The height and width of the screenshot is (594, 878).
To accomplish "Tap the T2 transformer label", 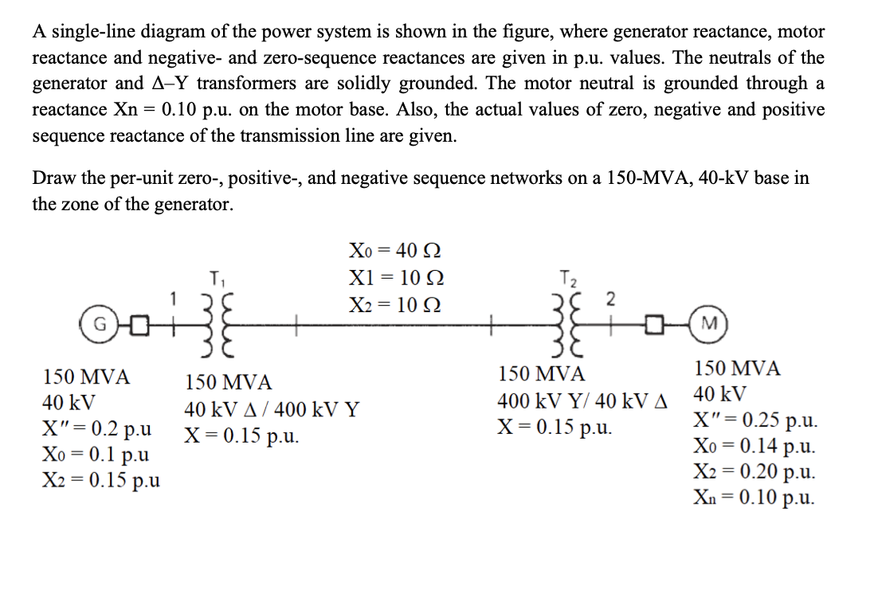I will coord(566,279).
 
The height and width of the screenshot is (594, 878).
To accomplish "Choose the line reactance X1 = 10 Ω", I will coord(396,278).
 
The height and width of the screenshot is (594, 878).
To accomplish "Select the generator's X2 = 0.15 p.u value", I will coord(100,480).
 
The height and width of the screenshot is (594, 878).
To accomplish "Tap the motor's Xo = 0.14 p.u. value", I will coord(754,447).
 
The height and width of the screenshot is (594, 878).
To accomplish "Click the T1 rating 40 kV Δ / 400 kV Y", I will coord(272,411).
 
